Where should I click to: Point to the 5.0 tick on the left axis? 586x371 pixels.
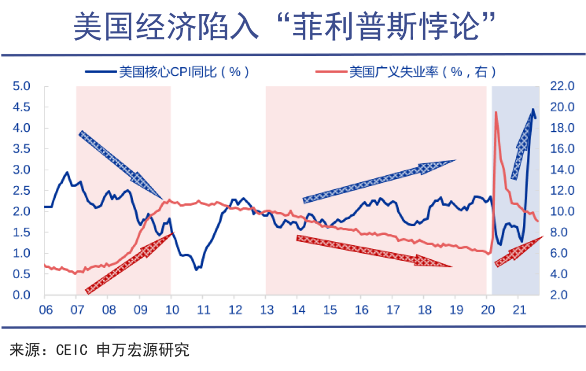(22, 86)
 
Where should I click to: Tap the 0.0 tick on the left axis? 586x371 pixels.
(22, 295)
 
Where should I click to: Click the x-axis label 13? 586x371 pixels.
(266, 310)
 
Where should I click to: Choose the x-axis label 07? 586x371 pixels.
(77, 310)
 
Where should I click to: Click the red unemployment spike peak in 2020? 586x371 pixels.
(496, 112)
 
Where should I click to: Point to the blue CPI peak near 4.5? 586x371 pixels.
(532, 110)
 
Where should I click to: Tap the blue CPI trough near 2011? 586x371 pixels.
(196, 269)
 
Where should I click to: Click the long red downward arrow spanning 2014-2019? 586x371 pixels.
(374, 251)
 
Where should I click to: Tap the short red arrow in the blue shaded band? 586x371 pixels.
(518, 251)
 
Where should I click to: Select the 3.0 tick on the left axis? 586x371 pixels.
(22, 170)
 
